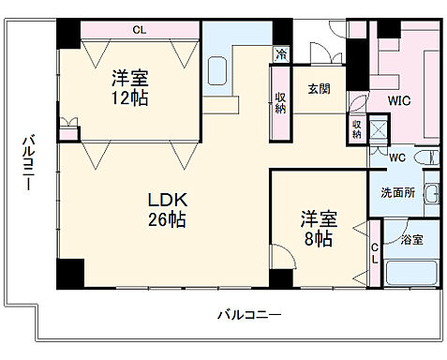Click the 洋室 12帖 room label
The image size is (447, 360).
pyautogui.click(x=130, y=86)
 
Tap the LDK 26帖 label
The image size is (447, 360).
pyautogui.click(x=170, y=211)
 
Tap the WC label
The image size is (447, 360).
pyautogui.click(x=396, y=157)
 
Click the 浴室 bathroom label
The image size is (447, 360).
pyautogui.click(x=410, y=239)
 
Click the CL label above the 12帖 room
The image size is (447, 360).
pyautogui.click(x=139, y=30)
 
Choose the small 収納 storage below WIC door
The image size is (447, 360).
pyautogui.click(x=357, y=128)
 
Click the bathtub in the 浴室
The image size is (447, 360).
pyautogui.click(x=410, y=275)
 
